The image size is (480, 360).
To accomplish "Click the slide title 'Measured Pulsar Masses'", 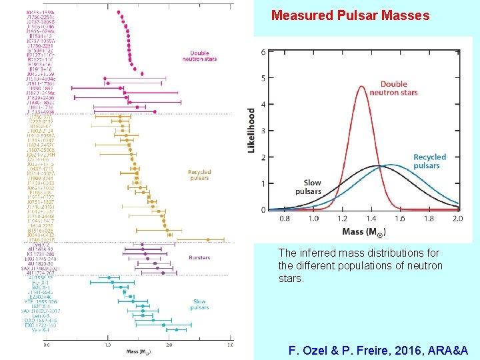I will click(350, 15).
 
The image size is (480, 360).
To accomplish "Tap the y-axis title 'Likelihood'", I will click(251, 130).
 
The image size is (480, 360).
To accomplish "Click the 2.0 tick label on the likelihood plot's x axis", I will click(457, 218).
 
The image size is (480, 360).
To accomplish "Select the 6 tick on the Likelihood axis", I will click(263, 52).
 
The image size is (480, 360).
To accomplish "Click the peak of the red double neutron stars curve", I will click(361, 86).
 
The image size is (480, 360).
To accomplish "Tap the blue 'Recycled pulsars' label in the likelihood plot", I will click(430, 161).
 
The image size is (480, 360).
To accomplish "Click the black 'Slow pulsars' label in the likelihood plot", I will click(311, 187).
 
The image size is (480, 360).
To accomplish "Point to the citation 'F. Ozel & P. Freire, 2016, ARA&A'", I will click(378, 350).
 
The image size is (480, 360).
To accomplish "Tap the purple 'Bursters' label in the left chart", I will click(199, 257).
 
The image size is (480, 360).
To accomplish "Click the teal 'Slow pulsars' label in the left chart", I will click(199, 305).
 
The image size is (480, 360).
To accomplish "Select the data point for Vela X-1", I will click(176, 329).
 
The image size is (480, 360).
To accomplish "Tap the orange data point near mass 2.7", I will click(207, 239).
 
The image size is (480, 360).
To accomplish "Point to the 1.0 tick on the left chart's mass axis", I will click(108, 345).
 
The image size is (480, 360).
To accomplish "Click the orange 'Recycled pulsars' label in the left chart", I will click(199, 175).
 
